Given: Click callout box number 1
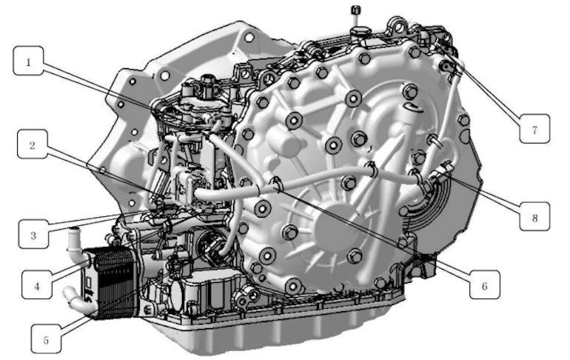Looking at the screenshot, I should (x=29, y=63).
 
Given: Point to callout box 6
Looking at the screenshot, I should (x=484, y=284).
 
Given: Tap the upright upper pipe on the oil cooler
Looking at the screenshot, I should (x=74, y=241).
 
